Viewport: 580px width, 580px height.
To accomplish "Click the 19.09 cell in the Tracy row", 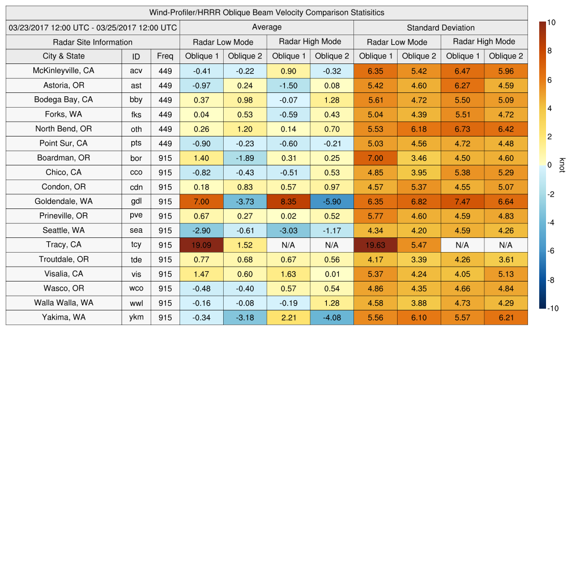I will [x=202, y=245].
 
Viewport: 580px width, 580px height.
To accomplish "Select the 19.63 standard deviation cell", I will [x=376, y=245].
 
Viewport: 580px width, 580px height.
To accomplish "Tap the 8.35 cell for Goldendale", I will [x=288, y=202].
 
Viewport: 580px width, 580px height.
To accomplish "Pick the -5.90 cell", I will [x=332, y=202].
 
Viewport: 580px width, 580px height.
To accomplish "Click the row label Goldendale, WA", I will [x=63, y=201].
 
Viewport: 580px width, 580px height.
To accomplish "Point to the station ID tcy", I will [x=136, y=245].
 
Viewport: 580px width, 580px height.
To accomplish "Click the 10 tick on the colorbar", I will [x=551, y=23].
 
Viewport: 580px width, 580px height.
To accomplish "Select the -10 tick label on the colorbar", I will [x=552, y=309].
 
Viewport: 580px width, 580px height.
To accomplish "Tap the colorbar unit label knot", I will [x=562, y=165].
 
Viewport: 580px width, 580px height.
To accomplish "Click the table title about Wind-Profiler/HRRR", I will [x=267, y=12].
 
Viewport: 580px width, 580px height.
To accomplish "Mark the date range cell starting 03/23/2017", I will [x=93, y=27].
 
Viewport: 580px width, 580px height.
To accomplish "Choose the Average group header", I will [x=267, y=27].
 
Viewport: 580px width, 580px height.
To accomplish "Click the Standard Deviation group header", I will [x=441, y=27].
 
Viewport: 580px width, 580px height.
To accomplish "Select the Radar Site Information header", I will [x=93, y=42].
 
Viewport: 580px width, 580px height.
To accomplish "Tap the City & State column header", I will [x=63, y=56].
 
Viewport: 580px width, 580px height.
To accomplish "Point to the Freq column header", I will [x=165, y=56].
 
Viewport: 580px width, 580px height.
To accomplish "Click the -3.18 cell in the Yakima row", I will [x=245, y=318].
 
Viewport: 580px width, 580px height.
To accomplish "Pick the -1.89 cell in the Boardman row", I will [x=245, y=158].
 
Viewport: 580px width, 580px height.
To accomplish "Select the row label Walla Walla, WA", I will [x=63, y=303].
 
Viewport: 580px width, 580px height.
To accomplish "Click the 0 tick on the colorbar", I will [x=549, y=165].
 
